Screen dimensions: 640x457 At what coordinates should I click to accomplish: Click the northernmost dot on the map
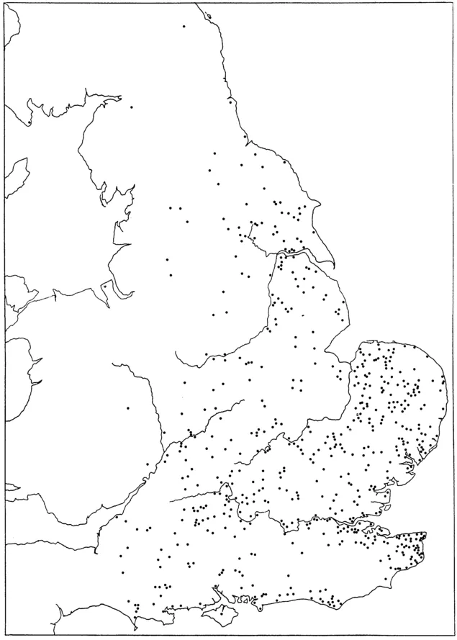click(x=184, y=27)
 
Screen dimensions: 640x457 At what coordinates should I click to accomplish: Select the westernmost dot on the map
click(x=28, y=124)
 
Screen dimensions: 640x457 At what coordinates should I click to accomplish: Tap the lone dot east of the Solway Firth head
click(x=132, y=107)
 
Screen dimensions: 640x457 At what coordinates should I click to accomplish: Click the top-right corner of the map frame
click(x=453, y=3)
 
